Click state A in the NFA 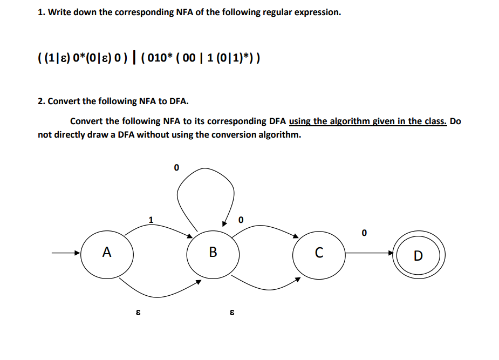(107, 252)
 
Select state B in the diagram (213, 252)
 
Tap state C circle (319, 252)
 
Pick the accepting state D (418, 255)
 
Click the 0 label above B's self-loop (175, 168)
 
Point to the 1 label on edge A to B (151, 219)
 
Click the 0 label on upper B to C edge (241, 219)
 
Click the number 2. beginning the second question (42, 101)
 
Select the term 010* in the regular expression (159, 58)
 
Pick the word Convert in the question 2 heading (64, 101)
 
